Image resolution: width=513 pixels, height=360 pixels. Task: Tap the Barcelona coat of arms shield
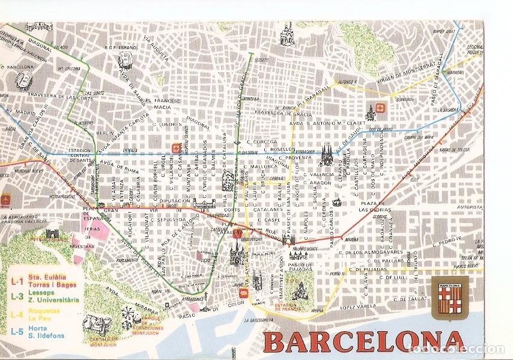[448, 293]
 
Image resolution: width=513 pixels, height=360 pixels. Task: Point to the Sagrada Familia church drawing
[329, 154]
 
